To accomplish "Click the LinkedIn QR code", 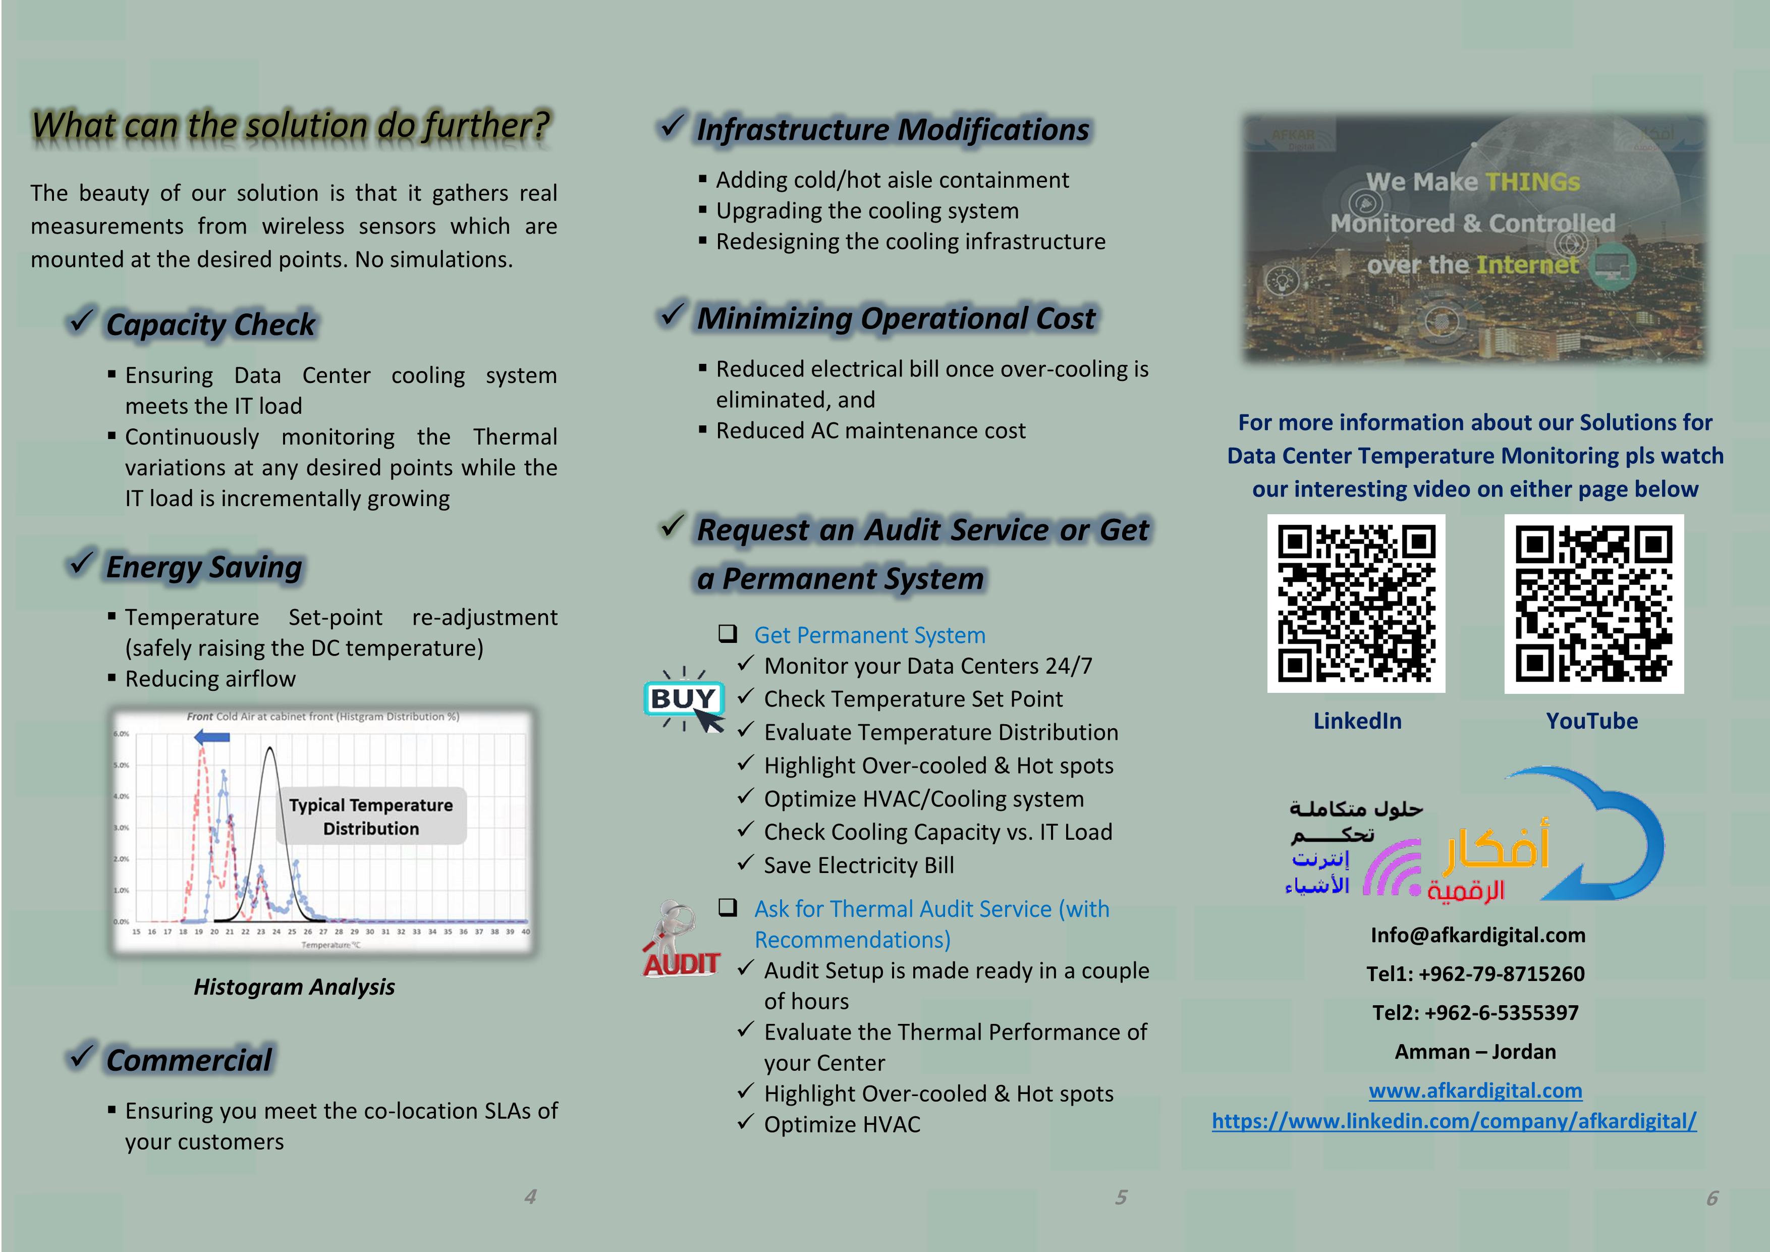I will (1356, 603).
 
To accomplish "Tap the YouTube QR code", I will (1593, 604).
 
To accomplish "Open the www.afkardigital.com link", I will (1475, 1090).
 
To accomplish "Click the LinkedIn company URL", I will (1454, 1121).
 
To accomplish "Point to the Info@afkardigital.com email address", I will (1477, 935).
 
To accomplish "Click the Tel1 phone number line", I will (1475, 973).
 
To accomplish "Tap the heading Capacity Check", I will (210, 324).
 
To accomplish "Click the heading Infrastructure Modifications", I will (893, 130).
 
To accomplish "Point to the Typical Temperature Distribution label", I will (371, 816).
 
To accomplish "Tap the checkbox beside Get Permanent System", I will (727, 634).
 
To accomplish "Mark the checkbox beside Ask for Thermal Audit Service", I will (727, 907).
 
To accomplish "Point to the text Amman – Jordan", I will (1475, 1052).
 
